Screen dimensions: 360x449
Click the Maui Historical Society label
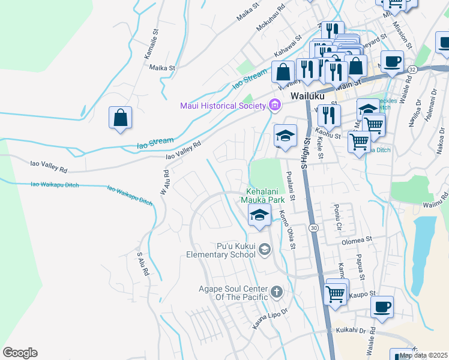[x=223, y=106]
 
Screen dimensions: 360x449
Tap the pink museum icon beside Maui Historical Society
[x=275, y=106]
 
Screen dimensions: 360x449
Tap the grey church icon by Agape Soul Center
[x=276, y=292]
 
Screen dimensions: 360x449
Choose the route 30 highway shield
[x=314, y=228]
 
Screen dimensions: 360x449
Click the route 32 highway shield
[x=412, y=70]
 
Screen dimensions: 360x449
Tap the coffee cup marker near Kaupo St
[x=382, y=307]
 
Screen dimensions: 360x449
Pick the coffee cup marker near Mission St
[x=392, y=61]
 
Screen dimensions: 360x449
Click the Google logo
[x=20, y=353]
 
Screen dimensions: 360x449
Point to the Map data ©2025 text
[x=423, y=355]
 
